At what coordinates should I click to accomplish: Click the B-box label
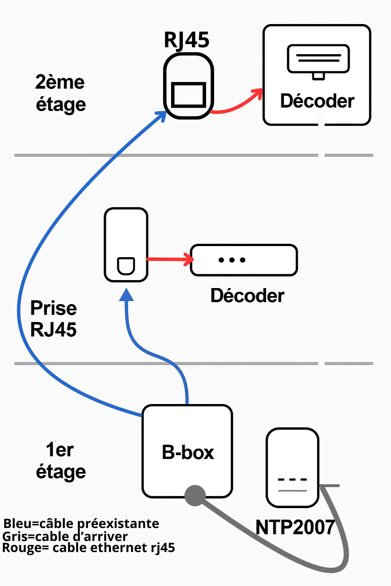pyautogui.click(x=187, y=452)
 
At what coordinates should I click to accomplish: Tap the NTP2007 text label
pyautogui.click(x=295, y=528)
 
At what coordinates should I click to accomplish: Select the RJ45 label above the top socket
pyautogui.click(x=186, y=40)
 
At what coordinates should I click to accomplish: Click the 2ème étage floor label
pyautogui.click(x=60, y=93)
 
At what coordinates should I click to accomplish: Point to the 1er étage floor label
pyautogui.click(x=60, y=460)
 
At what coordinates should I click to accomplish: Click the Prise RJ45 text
pyautogui.click(x=53, y=319)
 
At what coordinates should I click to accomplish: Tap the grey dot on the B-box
pyautogui.click(x=195, y=495)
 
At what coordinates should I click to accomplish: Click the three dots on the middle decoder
pyautogui.click(x=232, y=260)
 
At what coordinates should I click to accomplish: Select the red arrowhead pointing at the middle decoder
pyautogui.click(x=189, y=259)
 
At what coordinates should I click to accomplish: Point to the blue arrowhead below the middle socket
pyautogui.click(x=126, y=295)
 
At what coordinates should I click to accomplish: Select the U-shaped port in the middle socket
pyautogui.click(x=126, y=266)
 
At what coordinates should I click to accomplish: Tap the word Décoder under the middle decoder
pyautogui.click(x=247, y=296)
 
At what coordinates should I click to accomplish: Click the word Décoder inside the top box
pyautogui.click(x=317, y=101)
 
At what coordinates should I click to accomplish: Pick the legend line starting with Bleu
pyautogui.click(x=81, y=523)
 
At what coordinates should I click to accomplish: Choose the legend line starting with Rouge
pyautogui.click(x=89, y=548)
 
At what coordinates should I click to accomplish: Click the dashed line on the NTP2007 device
pyautogui.click(x=292, y=480)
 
